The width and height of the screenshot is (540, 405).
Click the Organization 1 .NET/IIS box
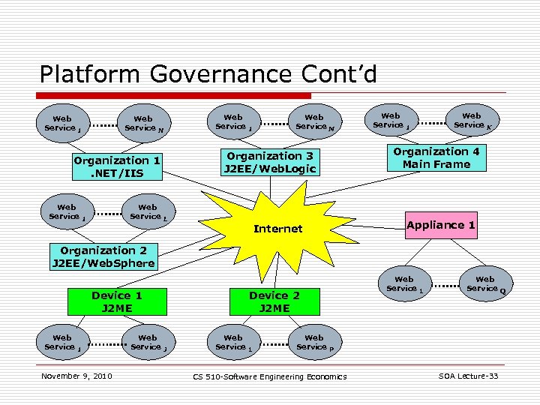coord(116,167)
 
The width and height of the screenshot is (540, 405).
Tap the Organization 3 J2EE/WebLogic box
coord(271,162)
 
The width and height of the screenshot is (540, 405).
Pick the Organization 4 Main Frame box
coord(436,158)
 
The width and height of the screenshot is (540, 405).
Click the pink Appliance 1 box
coord(441,225)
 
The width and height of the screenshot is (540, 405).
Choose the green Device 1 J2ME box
coord(116,301)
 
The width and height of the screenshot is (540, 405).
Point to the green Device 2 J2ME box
coord(274,301)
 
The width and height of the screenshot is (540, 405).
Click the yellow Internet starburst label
coord(277,229)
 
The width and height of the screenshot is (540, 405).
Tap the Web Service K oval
coord(472,120)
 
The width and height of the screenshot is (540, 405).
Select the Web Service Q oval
coord(485,283)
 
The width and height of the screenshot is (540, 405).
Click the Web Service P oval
coord(314,342)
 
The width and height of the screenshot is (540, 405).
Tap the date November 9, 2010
coord(76,376)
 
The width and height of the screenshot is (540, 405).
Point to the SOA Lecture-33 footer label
coord(468,376)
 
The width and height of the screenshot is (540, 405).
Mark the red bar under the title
coord(175,95)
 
